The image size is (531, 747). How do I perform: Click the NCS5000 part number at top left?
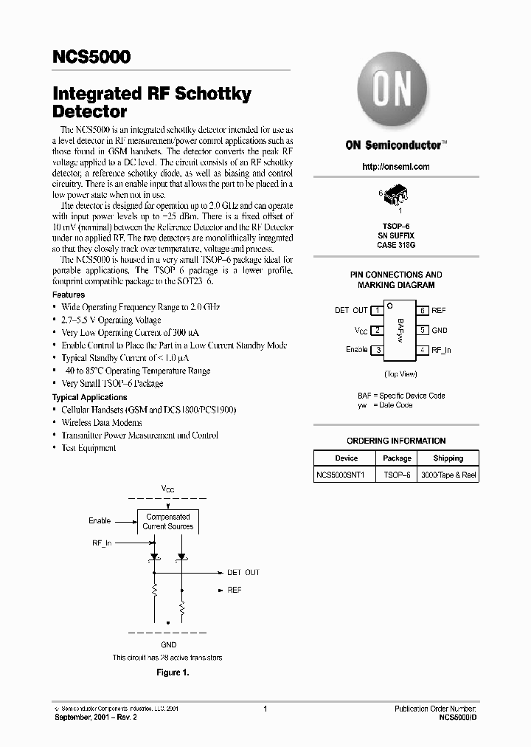tap(91, 57)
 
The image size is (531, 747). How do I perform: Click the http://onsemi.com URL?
tap(396, 167)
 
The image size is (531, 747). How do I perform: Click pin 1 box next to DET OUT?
tap(377, 311)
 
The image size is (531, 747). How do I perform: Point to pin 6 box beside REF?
tap(423, 311)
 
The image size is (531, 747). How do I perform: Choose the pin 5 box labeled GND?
tap(423, 331)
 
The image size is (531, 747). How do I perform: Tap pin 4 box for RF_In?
tap(423, 350)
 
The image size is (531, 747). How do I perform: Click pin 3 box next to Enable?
tap(377, 350)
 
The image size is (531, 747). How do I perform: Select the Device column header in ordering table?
tap(346, 458)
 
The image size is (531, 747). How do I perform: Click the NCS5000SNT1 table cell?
tap(346, 475)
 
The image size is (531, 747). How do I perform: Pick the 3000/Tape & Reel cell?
tap(448, 475)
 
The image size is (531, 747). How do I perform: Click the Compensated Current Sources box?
tap(168, 522)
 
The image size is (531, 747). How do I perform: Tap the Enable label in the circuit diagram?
tap(100, 520)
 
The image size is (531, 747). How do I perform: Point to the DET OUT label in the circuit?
tap(243, 572)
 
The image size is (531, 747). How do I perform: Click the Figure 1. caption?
tap(173, 672)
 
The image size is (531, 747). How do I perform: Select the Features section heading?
tap(68, 295)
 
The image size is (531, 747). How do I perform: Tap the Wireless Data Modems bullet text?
tap(101, 423)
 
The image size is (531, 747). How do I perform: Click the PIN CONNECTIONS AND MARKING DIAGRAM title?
tap(396, 280)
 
